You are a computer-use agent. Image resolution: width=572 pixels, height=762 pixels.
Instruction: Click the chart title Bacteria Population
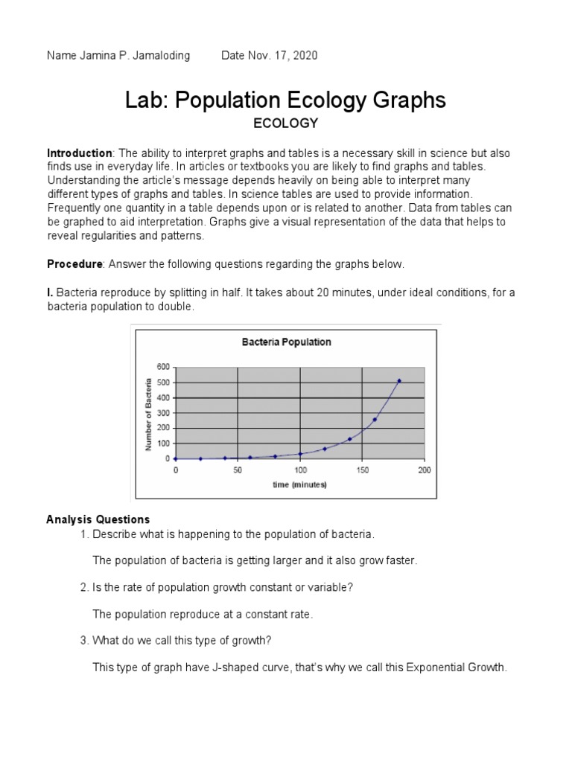tap(286, 342)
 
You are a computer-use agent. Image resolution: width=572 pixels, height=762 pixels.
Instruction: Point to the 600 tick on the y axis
tap(163, 367)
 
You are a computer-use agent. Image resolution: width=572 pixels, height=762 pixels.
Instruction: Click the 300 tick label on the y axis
tap(163, 413)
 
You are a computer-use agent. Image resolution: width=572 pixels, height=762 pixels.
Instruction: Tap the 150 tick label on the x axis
tap(362, 470)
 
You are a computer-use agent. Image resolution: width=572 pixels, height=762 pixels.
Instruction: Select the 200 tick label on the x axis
tap(424, 470)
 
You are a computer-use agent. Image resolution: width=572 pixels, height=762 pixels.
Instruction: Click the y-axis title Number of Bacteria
tap(148, 413)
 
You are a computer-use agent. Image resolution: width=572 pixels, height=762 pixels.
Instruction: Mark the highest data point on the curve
tap(399, 381)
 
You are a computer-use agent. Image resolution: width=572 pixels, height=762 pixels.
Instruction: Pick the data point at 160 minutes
tap(375, 420)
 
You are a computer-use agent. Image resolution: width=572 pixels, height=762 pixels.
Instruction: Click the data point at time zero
tap(176, 459)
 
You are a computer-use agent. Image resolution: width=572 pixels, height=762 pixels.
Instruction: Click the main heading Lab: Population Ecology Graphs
tap(285, 100)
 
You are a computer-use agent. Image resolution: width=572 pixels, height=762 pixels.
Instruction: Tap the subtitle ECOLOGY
tap(286, 123)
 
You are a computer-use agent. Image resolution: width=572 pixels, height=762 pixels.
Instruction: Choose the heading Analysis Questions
tap(98, 519)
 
